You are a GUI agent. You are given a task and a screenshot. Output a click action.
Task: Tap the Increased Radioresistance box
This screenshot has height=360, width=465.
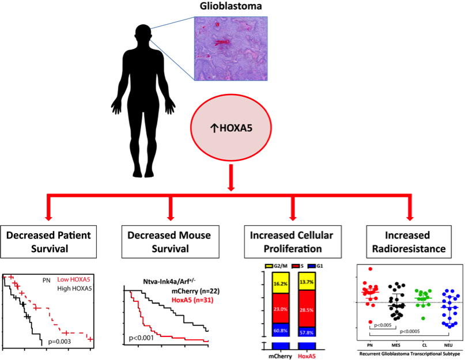(x=410, y=242)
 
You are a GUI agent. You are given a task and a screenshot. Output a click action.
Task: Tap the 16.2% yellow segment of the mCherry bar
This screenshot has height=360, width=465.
(x=281, y=284)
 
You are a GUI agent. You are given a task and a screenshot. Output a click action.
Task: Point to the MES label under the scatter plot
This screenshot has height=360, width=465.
(x=395, y=344)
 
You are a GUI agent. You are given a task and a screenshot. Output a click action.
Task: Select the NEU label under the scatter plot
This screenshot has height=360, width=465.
(x=447, y=344)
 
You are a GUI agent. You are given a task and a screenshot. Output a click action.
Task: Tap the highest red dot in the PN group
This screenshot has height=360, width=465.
(x=370, y=269)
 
